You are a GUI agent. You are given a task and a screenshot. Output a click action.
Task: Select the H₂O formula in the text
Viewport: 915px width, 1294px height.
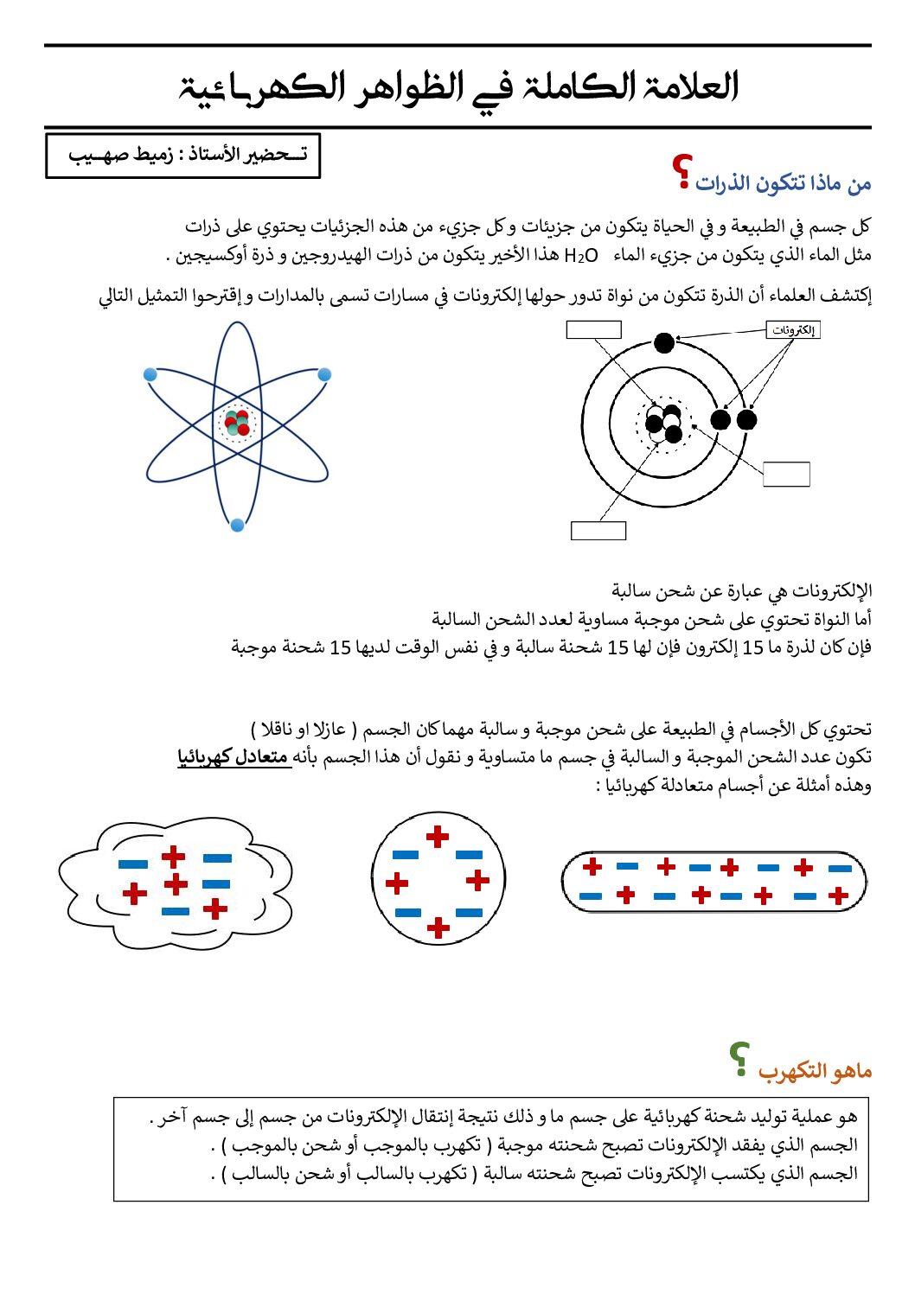click(580, 255)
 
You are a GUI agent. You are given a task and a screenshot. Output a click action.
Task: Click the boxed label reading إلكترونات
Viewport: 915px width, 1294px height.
click(793, 330)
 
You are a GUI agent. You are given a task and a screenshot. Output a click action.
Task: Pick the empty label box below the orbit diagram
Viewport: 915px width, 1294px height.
click(598, 531)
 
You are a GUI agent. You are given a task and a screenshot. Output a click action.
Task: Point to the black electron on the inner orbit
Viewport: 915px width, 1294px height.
click(720, 420)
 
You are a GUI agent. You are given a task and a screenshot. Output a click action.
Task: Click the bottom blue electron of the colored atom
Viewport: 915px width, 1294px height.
click(237, 525)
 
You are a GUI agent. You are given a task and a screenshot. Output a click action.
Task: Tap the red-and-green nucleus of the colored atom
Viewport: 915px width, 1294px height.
click(236, 424)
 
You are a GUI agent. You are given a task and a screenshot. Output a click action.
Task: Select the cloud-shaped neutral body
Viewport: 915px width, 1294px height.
click(176, 883)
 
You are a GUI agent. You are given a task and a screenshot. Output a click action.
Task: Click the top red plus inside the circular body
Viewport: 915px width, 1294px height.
click(438, 836)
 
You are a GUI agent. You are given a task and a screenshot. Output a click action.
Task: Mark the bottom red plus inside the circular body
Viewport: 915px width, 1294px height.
click(438, 927)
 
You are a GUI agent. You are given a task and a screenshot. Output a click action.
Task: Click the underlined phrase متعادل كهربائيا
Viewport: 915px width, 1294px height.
click(234, 757)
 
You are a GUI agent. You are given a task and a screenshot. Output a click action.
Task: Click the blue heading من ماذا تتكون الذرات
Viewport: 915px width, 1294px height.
click(783, 183)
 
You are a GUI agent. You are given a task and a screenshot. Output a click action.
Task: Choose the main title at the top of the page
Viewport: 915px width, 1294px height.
click(458, 87)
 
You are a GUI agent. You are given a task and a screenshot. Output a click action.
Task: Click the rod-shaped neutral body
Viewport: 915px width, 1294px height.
click(713, 882)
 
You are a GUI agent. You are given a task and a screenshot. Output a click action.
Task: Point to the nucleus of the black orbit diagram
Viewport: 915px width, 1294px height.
click(664, 424)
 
